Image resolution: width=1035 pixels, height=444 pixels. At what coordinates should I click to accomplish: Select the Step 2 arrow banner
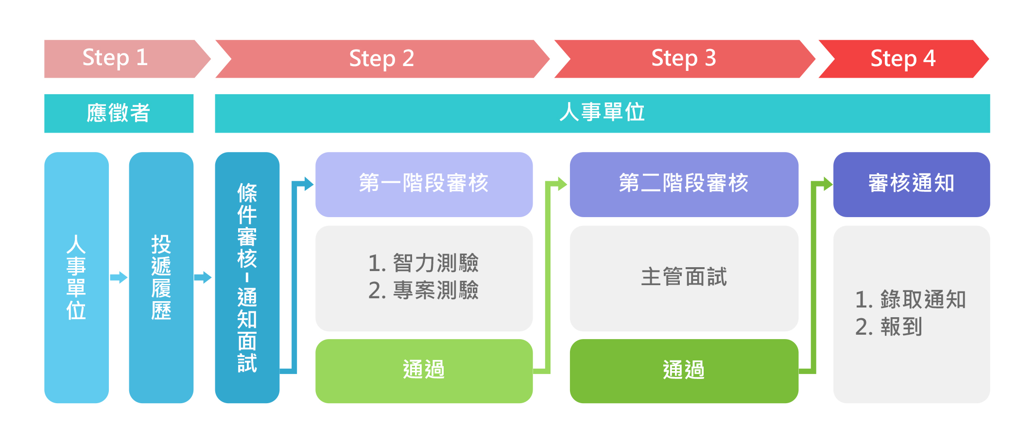pyautogui.click(x=382, y=59)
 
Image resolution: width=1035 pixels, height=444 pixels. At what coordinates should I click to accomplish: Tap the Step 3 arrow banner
pyautogui.click(x=685, y=59)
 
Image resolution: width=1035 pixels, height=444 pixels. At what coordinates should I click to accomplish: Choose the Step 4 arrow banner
pyautogui.click(x=904, y=59)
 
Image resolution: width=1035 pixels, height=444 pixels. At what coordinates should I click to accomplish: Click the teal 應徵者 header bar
pyautogui.click(x=119, y=113)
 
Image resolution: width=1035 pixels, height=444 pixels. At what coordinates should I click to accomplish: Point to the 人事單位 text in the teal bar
pyautogui.click(x=602, y=112)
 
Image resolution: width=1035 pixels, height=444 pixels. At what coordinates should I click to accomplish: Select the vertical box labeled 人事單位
pyautogui.click(x=76, y=277)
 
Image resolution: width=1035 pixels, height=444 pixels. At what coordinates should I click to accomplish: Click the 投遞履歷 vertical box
pyautogui.click(x=161, y=277)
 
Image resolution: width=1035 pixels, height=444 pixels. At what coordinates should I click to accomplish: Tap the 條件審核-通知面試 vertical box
pyautogui.click(x=247, y=277)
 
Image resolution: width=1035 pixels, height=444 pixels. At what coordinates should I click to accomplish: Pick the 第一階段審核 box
pyautogui.click(x=424, y=185)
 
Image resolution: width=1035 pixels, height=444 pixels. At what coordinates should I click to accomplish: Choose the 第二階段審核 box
pyautogui.click(x=684, y=185)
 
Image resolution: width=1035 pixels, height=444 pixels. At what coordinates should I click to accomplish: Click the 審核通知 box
pyautogui.click(x=912, y=185)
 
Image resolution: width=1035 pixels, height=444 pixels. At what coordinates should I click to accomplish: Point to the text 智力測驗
pyautogui.click(x=436, y=263)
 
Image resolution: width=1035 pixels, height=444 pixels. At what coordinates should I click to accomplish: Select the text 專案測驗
pyautogui.click(x=436, y=290)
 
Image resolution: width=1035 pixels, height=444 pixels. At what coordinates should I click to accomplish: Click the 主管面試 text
pyautogui.click(x=684, y=276)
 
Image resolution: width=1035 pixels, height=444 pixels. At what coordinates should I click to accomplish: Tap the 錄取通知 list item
pyautogui.click(x=911, y=299)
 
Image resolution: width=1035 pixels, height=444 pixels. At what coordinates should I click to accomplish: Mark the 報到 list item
pyautogui.click(x=889, y=326)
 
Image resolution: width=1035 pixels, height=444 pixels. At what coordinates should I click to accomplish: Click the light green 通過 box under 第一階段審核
pyautogui.click(x=424, y=371)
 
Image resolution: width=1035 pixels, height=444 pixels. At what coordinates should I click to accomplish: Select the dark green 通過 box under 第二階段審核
pyautogui.click(x=684, y=371)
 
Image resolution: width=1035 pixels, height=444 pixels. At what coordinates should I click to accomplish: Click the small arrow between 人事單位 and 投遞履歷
pyautogui.click(x=119, y=277)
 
